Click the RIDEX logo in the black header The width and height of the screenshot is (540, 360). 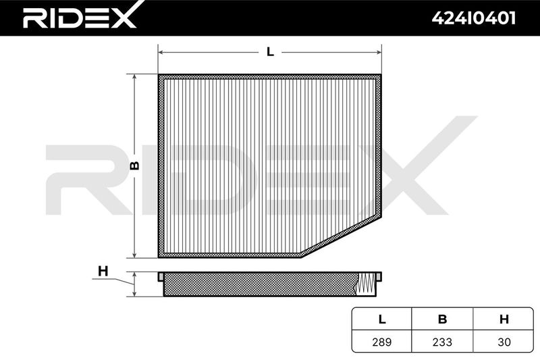[x=80, y=16]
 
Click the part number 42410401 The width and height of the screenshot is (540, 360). [x=474, y=18]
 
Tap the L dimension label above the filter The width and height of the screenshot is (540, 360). [x=271, y=52]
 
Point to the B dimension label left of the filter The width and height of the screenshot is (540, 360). [x=135, y=165]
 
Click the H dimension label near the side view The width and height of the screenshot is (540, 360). [x=103, y=272]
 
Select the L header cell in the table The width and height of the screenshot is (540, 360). [x=381, y=319]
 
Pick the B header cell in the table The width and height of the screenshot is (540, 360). [x=442, y=319]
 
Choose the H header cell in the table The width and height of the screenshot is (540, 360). [x=504, y=319]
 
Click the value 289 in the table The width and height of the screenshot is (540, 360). [x=381, y=342]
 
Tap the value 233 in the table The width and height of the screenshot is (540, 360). [x=442, y=342]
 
